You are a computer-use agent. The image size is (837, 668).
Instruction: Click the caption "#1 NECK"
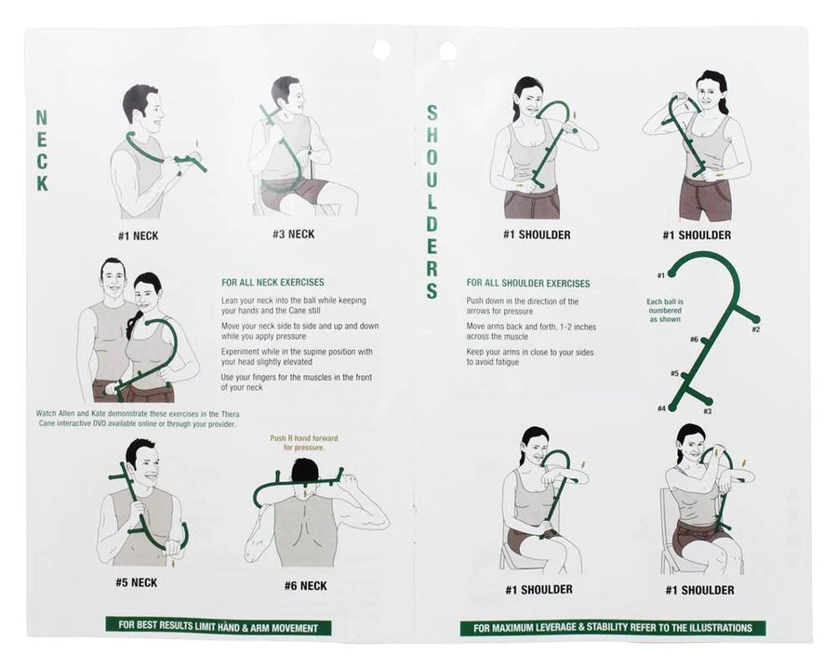139,235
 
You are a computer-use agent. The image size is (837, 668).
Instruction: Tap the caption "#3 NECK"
293,234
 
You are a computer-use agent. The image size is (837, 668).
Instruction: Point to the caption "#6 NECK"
306,586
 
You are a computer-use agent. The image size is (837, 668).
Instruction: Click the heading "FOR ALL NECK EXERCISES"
272,282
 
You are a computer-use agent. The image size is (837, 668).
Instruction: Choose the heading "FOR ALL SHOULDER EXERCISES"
527,284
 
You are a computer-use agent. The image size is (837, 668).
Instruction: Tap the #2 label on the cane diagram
755,329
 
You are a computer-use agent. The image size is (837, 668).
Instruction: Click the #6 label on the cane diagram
694,340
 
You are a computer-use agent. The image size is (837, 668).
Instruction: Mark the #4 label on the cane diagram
661,408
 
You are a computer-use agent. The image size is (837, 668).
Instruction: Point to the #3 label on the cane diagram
707,411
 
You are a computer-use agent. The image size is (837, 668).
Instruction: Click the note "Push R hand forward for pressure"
298,443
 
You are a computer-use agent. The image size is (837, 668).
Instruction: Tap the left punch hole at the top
381,49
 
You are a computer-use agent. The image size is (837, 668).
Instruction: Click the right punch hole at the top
447,50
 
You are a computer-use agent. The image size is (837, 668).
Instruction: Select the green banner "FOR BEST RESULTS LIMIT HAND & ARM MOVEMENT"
218,628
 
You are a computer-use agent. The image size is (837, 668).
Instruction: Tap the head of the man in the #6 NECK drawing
305,473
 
